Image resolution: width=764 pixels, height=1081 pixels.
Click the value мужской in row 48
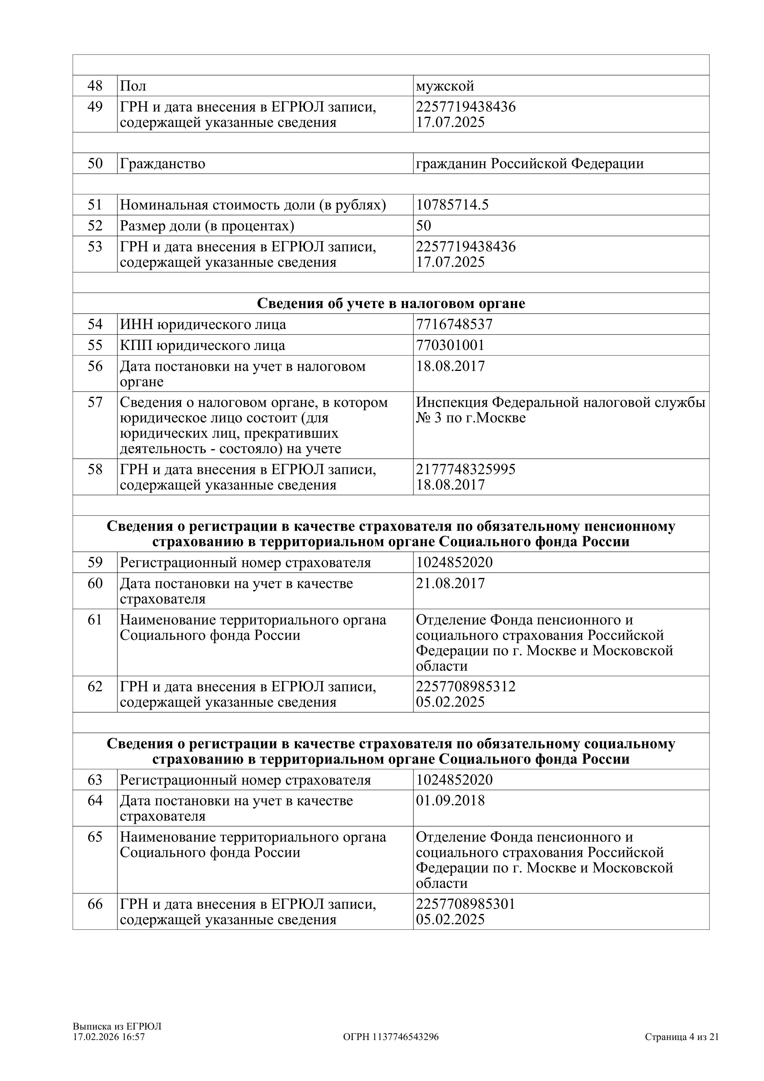click(445, 86)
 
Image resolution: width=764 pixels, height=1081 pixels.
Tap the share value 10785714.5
click(452, 205)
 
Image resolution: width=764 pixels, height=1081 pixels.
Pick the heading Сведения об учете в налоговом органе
click(391, 304)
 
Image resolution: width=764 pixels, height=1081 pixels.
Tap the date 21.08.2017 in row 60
click(450, 583)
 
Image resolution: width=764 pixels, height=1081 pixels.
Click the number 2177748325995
click(465, 469)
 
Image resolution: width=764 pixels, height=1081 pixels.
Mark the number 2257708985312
click(465, 686)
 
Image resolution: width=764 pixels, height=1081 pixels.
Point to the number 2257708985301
click(465, 904)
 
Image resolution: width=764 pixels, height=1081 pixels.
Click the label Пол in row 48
click(133, 86)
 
